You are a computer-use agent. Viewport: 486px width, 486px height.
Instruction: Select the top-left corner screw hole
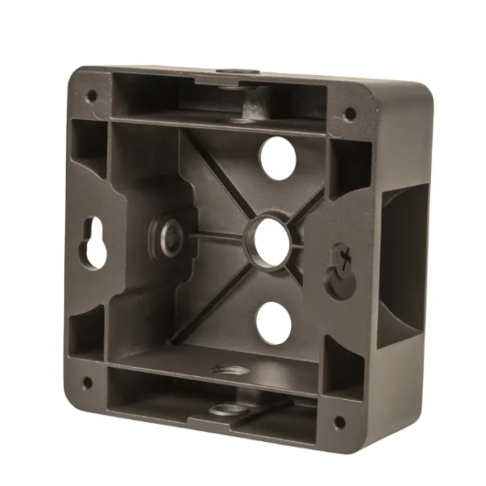click(92, 94)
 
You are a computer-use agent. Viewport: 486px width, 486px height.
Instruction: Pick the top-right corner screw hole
click(349, 113)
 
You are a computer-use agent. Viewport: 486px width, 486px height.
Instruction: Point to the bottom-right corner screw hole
click(339, 422)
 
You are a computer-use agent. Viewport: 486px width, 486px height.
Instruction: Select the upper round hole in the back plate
click(278, 158)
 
